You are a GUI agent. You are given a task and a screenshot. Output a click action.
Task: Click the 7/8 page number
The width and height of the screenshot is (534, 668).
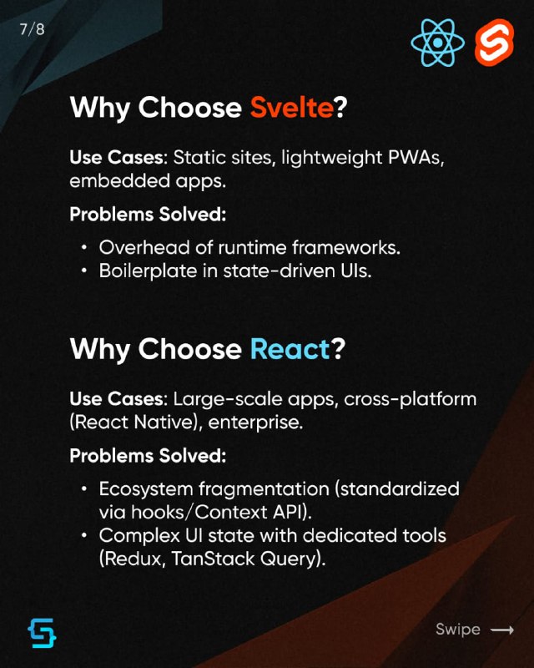pos(32,29)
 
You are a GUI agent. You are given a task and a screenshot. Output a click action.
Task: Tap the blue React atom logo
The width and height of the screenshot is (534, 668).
pos(438,43)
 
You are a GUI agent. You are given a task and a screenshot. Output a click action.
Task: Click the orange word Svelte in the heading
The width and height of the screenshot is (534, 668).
pos(292,107)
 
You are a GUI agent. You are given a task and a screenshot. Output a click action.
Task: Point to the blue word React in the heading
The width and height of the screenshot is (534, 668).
pos(290,349)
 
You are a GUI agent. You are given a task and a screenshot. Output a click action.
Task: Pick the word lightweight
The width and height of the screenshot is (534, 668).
pos(331,158)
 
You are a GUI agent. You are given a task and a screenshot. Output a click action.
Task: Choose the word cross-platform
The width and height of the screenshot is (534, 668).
pos(410,400)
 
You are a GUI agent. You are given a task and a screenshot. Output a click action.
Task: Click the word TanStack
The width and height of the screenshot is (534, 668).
pos(213,558)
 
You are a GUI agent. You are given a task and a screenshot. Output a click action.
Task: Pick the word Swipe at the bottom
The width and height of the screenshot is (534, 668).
pos(458,630)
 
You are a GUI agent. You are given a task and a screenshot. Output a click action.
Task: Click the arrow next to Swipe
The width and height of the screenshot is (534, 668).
pos(502,630)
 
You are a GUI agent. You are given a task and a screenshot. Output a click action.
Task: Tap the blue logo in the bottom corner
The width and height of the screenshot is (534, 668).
pos(43,633)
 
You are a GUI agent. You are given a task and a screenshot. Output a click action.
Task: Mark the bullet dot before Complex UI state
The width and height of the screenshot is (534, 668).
pos(85,535)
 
